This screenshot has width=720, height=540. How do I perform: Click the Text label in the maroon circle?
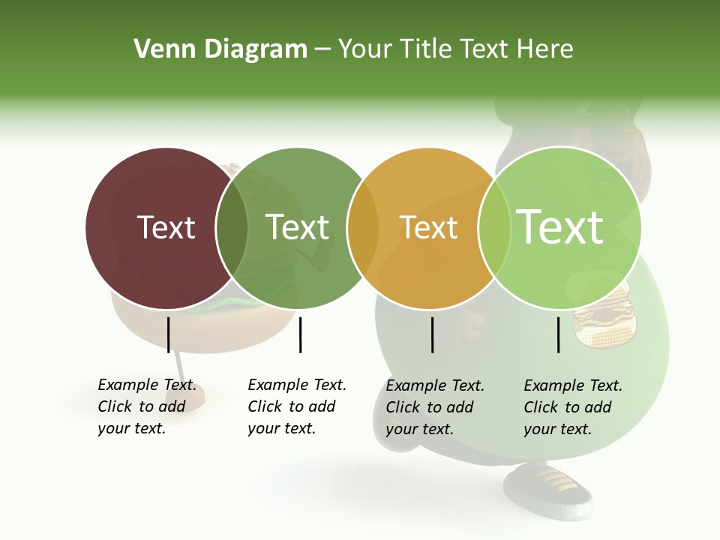[166, 227]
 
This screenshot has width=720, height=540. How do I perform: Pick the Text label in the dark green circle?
[298, 227]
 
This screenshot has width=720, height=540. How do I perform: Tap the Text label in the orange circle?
[428, 227]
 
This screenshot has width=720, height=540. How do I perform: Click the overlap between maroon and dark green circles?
[232, 228]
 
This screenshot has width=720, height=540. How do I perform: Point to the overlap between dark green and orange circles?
[363, 228]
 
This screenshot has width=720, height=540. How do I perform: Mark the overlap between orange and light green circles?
[494, 228]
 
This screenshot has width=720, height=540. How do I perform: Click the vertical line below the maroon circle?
[169, 334]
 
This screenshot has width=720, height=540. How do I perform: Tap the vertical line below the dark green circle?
[300, 334]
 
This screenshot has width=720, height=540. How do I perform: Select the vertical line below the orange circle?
[432, 334]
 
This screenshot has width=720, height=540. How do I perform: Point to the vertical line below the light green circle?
[559, 334]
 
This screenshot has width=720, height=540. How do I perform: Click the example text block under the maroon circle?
[147, 406]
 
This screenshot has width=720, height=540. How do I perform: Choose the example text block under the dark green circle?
[297, 406]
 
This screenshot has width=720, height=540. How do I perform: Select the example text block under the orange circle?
[435, 407]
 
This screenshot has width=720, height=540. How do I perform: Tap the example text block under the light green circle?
[573, 407]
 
